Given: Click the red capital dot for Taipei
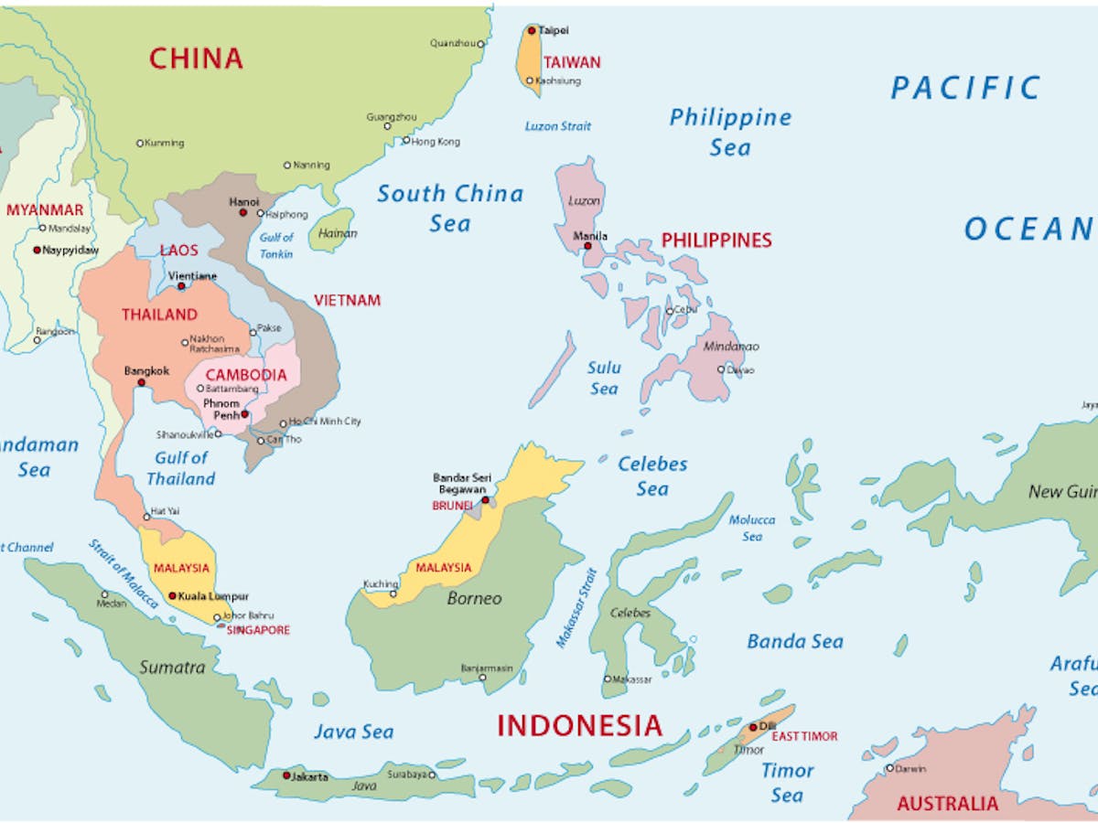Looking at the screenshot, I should [x=532, y=30].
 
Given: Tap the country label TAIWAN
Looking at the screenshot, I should [x=572, y=62].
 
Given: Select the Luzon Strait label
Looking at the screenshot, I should [x=558, y=126].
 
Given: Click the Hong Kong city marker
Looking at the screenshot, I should [x=406, y=141].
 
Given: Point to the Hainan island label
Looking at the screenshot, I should [x=337, y=234].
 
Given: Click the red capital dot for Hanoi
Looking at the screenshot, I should [x=242, y=212].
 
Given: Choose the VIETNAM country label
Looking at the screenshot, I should [x=347, y=300].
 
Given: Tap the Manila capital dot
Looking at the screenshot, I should [x=587, y=245].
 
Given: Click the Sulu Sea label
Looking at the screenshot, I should [x=604, y=378].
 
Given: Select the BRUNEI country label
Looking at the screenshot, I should [x=453, y=505].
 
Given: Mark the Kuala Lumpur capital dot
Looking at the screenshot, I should [x=172, y=595].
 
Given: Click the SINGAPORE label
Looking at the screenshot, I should [x=258, y=630].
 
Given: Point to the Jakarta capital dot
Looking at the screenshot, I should [x=286, y=775].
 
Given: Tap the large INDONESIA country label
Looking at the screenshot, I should [x=579, y=726].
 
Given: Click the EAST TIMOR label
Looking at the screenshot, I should [x=804, y=736].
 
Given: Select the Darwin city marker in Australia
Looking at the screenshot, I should [x=889, y=768].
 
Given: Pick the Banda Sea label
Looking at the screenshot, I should [x=794, y=641].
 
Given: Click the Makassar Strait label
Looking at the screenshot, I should [x=576, y=608].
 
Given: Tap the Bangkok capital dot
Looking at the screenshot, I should [x=141, y=382].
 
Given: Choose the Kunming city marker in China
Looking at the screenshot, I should [x=140, y=143].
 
